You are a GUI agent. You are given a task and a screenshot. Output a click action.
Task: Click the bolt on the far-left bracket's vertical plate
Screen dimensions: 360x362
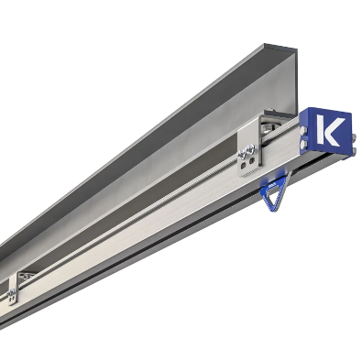tap(12, 294)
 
